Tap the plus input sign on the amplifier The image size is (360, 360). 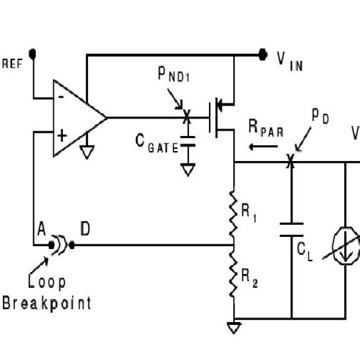click(x=61, y=137)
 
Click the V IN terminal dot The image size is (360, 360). click(x=263, y=54)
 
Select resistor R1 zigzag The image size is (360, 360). click(x=233, y=213)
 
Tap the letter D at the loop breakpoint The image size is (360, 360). click(x=84, y=229)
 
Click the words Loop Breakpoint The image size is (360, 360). click(x=46, y=293)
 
